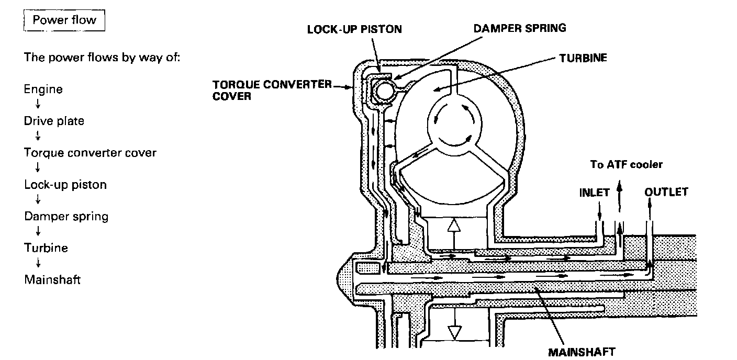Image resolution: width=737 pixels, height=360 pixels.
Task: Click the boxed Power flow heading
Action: pos(64,21)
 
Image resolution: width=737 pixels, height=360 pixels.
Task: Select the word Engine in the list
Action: pos(43,89)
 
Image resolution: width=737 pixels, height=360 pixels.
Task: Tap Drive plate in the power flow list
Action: pos(54,121)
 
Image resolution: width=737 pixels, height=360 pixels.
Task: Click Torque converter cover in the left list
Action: pos(90,153)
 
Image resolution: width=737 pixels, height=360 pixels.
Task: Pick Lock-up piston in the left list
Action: pos(65,185)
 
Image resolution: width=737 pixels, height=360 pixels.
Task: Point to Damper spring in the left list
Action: pos(66,216)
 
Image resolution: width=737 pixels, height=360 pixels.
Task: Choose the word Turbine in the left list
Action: pos(46,248)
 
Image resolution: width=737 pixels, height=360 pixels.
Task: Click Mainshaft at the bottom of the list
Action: pos(52,279)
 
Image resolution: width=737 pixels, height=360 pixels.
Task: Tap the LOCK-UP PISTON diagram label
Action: pos(354,29)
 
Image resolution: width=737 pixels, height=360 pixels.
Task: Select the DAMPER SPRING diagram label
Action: pos(520,28)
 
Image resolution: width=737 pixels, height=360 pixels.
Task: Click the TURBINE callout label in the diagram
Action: pos(583,58)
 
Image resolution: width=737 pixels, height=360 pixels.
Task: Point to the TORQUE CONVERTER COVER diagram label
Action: pos(272,89)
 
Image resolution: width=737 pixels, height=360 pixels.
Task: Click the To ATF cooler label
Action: pos(627,165)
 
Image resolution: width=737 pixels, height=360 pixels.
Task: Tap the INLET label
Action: pos(595,192)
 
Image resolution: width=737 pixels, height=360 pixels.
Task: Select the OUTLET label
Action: pos(666,192)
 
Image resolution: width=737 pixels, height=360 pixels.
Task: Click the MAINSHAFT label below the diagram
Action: pos(582,351)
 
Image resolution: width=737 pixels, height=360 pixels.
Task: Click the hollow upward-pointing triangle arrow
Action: pos(454,226)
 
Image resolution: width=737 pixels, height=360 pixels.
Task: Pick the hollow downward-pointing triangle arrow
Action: pos(454,331)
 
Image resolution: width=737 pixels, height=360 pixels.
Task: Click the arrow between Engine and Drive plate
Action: pos(38,105)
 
